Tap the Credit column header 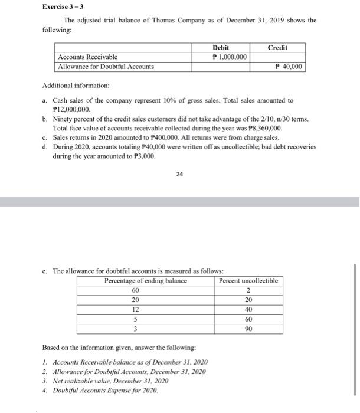click(x=277, y=47)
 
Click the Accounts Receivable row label click(x=87, y=57)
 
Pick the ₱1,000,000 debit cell click(x=228, y=57)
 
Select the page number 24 click(x=179, y=174)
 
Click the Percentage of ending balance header click(x=145, y=280)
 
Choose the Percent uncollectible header click(x=248, y=280)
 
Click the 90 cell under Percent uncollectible click(x=248, y=329)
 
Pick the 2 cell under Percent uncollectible click(x=248, y=290)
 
